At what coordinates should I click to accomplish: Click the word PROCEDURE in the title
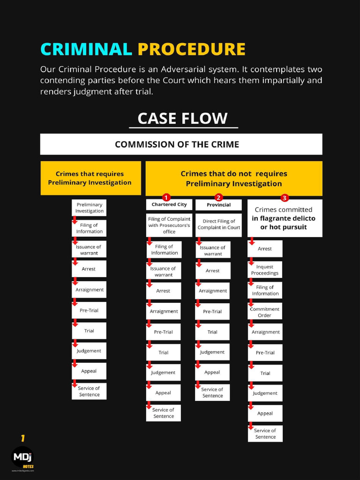click(x=191, y=49)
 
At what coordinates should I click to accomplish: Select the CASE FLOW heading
click(x=183, y=118)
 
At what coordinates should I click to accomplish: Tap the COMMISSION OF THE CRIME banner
click(x=181, y=144)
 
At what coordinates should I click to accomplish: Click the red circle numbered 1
click(x=166, y=197)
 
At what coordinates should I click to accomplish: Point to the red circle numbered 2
click(x=218, y=197)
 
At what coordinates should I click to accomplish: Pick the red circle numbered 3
click(x=285, y=197)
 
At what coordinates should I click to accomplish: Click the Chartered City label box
click(x=169, y=205)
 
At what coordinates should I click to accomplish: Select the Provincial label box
click(x=218, y=205)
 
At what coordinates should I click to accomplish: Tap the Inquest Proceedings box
click(x=265, y=270)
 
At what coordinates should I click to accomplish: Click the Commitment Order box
click(x=265, y=312)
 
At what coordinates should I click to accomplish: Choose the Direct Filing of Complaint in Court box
click(x=218, y=225)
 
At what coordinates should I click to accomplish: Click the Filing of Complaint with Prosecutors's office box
click(x=169, y=225)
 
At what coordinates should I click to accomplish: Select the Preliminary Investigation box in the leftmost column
click(x=89, y=208)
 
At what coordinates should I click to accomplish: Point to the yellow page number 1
click(x=22, y=439)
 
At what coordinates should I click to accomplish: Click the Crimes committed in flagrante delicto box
click(x=285, y=218)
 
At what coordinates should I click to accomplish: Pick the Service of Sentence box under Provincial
click(x=212, y=393)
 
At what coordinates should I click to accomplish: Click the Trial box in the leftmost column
click(x=89, y=331)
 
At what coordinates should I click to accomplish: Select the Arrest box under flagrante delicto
click(x=265, y=249)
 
